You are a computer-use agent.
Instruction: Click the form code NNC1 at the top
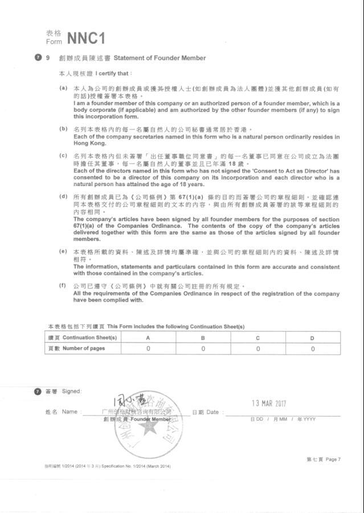point(86,38)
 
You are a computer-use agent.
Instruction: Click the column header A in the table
point(148,337)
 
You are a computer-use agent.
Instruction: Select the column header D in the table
point(312,337)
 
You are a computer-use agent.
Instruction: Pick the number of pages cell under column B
point(203,348)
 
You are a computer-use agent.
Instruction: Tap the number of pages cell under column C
point(257,348)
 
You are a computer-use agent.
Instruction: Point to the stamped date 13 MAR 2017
point(269,403)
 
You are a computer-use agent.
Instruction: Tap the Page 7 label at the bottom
point(323,459)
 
